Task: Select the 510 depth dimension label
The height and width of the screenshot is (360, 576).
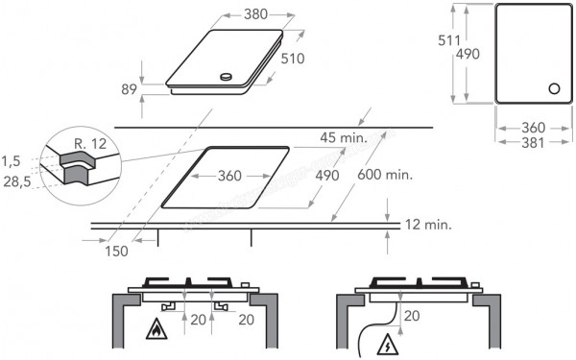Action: [293, 59]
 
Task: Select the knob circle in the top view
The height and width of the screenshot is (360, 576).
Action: [553, 89]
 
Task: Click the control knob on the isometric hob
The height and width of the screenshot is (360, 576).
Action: [226, 78]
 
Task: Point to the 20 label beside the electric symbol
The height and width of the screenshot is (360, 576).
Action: [411, 315]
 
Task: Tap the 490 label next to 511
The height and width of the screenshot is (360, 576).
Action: [467, 55]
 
